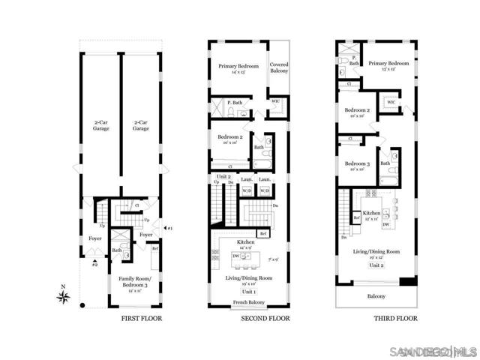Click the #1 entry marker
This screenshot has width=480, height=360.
[x=169, y=228]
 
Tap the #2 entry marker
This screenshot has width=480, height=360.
[x=94, y=264]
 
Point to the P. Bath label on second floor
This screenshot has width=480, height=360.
[x=234, y=103]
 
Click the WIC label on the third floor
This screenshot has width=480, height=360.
[x=391, y=103]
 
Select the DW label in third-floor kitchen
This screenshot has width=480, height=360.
[x=384, y=224]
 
